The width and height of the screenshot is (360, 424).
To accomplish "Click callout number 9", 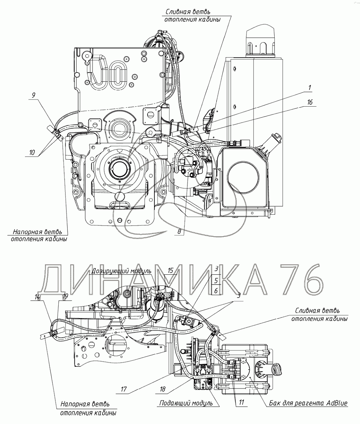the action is point(33,95).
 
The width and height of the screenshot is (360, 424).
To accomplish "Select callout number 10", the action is point(32,152).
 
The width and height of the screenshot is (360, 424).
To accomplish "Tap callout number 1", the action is point(309,88).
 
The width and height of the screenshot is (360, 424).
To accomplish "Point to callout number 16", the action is point(310,102).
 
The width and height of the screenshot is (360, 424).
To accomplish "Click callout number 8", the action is point(179,231).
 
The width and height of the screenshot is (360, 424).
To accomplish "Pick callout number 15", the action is point(170,271).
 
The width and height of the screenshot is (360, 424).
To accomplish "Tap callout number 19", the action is point(65,297).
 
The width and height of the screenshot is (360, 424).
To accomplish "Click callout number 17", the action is point(124,390).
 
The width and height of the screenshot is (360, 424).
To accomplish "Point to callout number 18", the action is point(163,390).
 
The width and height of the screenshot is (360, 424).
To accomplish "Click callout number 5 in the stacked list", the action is point(216,281).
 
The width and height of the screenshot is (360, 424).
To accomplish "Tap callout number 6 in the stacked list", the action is point(216,291).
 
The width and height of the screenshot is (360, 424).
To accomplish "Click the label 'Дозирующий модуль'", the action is point(122,271).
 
